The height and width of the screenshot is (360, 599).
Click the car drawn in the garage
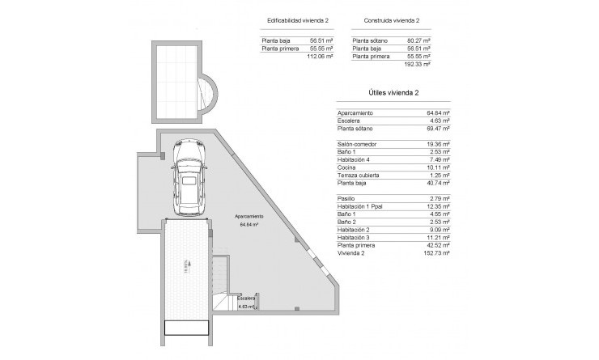tap(189, 179)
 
